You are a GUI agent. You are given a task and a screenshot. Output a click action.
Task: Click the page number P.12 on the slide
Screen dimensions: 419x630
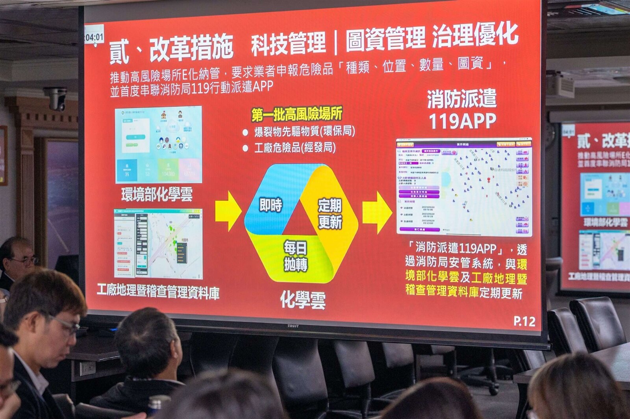[x=524, y=322]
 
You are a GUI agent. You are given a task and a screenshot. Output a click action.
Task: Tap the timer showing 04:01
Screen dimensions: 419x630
[x=94, y=37]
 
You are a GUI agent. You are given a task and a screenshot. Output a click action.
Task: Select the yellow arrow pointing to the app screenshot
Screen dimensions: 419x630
[x=377, y=213]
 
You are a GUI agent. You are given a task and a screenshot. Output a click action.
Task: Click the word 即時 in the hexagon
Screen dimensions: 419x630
[x=271, y=205]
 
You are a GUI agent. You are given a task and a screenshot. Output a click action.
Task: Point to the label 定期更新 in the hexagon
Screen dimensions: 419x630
[x=330, y=213]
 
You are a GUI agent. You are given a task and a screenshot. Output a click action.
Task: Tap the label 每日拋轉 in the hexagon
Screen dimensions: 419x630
[x=296, y=257]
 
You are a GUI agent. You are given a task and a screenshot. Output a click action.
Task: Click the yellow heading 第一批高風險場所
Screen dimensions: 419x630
[x=297, y=114]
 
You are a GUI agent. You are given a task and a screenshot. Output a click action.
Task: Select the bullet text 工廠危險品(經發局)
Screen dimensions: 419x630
[x=295, y=148]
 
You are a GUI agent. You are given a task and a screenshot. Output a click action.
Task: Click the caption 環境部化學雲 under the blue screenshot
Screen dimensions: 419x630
[x=157, y=194]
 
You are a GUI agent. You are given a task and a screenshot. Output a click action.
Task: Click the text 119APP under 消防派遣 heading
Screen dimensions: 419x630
[x=462, y=121]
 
